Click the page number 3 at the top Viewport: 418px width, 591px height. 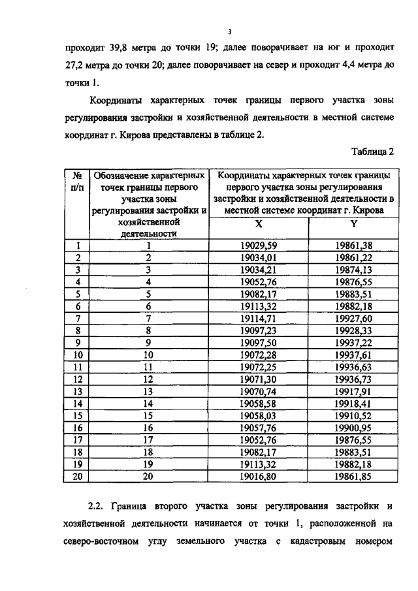pos(230,31)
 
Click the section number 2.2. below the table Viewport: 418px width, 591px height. pos(97,505)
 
